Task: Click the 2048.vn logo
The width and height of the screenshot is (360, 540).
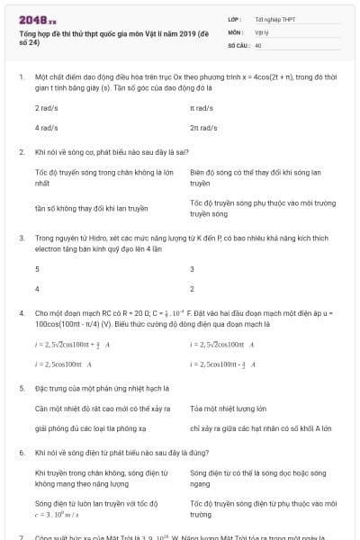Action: click(38, 19)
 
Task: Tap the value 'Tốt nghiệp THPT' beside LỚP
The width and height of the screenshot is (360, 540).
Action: click(274, 19)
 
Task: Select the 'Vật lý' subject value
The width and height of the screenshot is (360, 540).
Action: click(262, 31)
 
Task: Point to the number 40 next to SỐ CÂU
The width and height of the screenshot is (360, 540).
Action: click(258, 44)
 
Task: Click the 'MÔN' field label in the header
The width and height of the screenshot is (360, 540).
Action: click(235, 31)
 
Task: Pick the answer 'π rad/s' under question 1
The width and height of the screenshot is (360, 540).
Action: click(202, 108)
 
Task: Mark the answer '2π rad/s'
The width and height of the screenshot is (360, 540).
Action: click(204, 128)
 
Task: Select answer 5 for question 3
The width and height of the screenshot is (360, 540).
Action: click(37, 269)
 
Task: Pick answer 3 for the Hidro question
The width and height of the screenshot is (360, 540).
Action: click(192, 269)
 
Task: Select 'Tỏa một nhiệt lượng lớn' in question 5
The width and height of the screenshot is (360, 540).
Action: click(225, 409)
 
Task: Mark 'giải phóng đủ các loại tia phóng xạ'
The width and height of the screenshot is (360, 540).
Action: click(90, 428)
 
